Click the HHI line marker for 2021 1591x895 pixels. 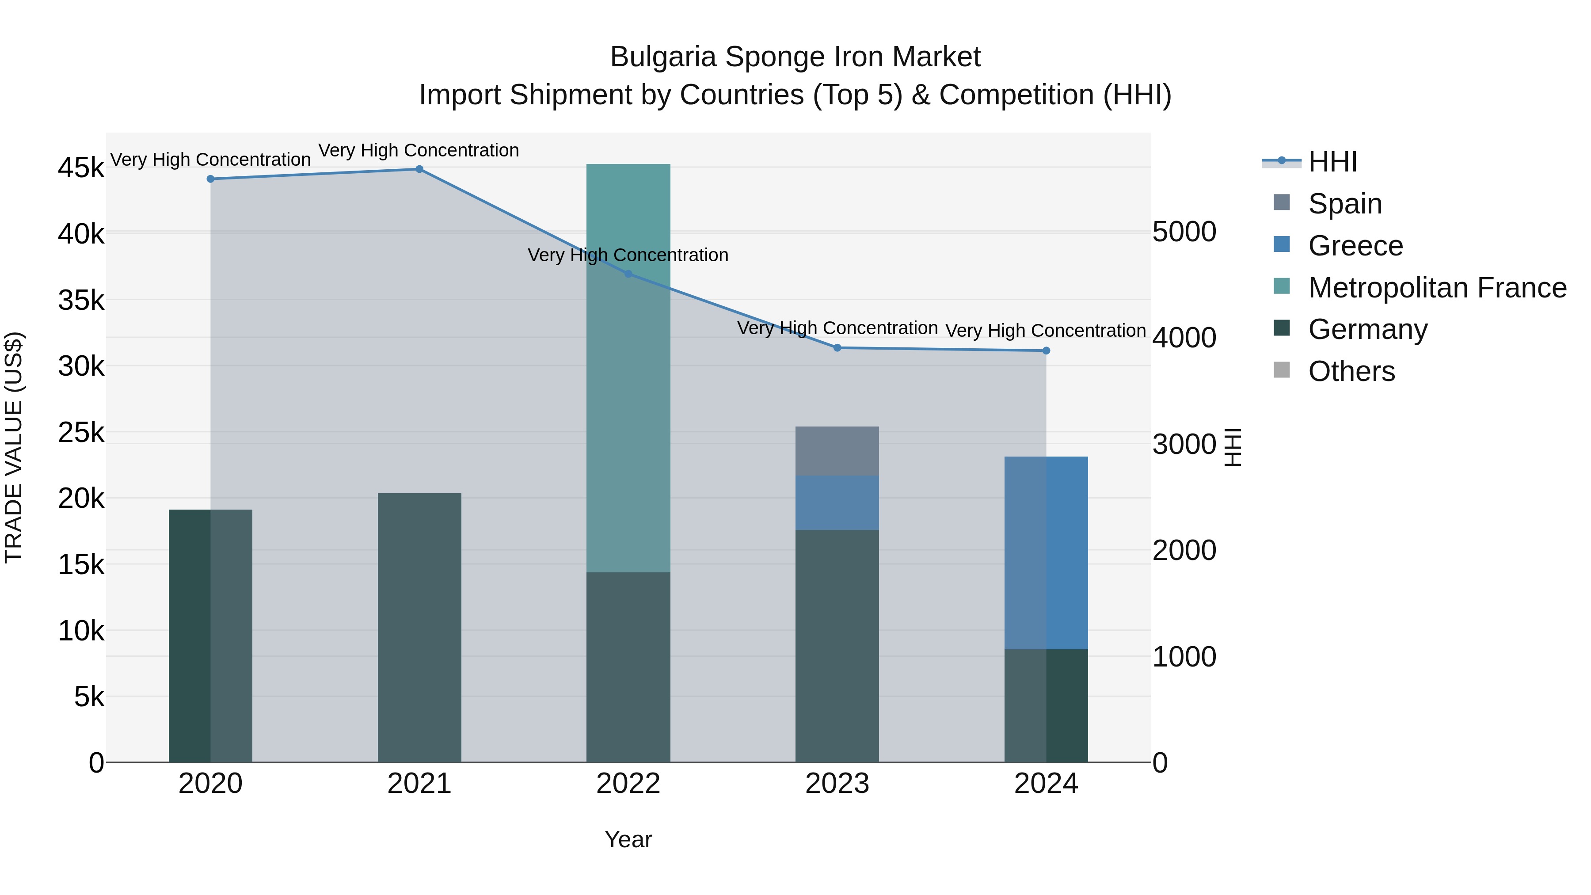point(419,169)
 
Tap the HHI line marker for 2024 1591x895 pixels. point(1046,351)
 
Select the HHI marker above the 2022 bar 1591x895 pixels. point(628,274)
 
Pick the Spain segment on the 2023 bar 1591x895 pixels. point(837,451)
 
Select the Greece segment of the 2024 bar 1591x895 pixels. point(1046,553)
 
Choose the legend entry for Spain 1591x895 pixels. point(1344,204)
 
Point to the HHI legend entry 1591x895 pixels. point(1332,162)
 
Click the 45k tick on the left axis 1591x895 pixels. point(81,168)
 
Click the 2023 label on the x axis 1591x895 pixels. point(837,784)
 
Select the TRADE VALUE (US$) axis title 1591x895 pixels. point(14,447)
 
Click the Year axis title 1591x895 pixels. point(628,839)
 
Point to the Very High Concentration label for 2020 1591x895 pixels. point(210,160)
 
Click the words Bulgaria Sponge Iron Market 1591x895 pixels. point(795,57)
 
